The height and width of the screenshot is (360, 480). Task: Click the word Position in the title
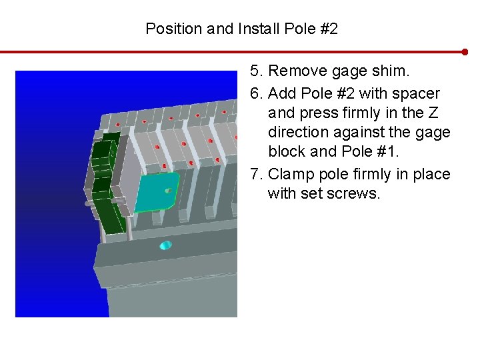click(174, 29)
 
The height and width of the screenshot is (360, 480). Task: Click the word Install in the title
click(259, 29)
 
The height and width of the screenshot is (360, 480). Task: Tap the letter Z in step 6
click(433, 113)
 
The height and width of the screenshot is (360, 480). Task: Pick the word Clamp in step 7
click(291, 175)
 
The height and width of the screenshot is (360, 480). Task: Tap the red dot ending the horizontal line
click(465, 52)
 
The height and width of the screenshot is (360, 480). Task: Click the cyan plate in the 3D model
click(156, 192)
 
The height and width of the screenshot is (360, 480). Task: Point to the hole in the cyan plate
click(169, 191)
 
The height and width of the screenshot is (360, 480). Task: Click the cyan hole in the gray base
click(166, 245)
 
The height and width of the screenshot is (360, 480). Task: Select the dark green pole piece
click(108, 184)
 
